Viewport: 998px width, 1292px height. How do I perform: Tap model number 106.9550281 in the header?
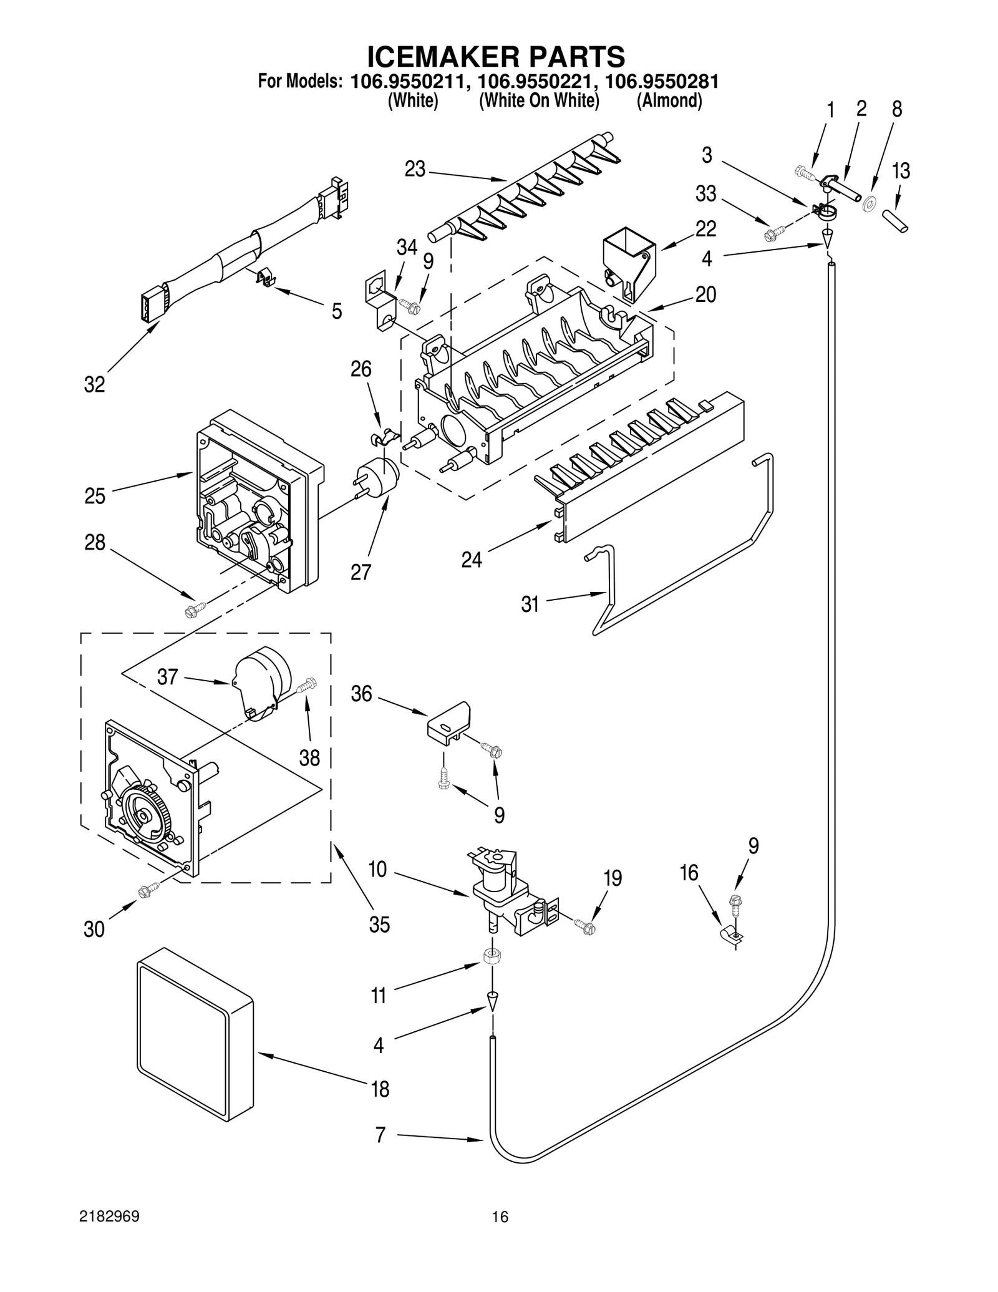[662, 82]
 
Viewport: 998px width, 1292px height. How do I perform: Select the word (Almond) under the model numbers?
[669, 101]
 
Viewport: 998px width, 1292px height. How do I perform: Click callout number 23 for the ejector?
[415, 169]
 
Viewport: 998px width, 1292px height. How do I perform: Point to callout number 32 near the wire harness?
[94, 385]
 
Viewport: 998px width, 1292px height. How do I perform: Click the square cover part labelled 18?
[195, 1037]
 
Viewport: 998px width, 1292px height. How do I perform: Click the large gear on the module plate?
[144, 815]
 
